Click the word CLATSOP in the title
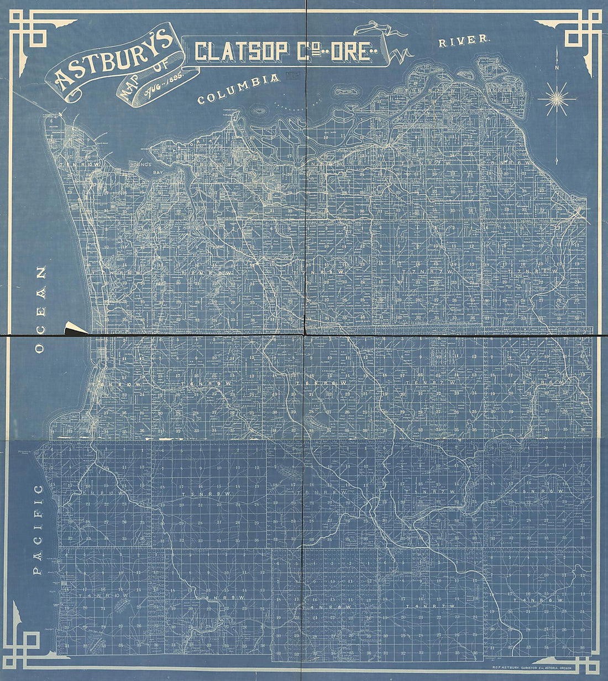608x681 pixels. click(x=242, y=51)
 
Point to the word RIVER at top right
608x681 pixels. click(x=463, y=40)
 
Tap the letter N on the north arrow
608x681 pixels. click(x=557, y=68)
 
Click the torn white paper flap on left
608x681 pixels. click(x=74, y=328)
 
